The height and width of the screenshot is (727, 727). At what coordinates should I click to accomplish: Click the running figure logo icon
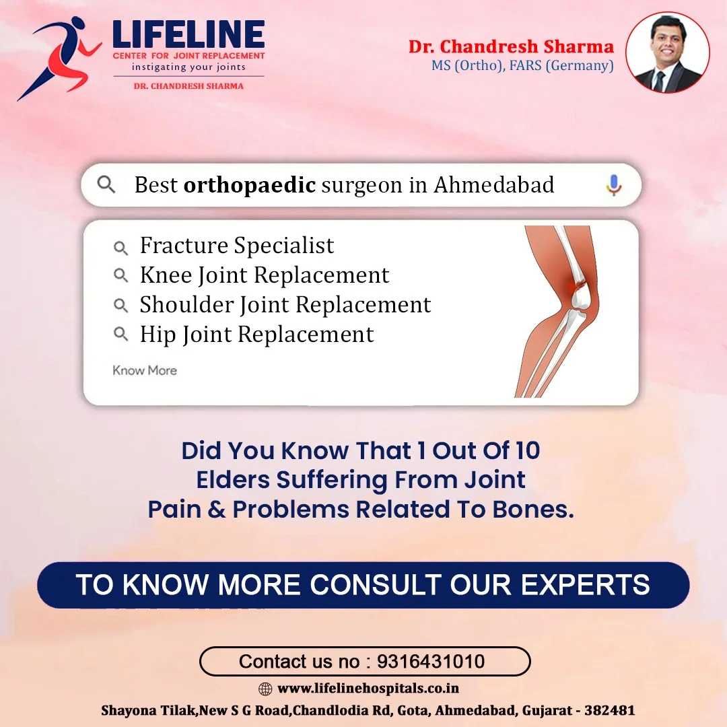tap(61, 58)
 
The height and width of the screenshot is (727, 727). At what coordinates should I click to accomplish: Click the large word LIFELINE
tap(188, 34)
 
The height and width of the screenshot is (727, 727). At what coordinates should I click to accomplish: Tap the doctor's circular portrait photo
tap(668, 53)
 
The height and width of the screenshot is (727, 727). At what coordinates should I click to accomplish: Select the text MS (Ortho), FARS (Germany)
tap(522, 66)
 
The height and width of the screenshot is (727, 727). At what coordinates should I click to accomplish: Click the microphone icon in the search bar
tap(614, 185)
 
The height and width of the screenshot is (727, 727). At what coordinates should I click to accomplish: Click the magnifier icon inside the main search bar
tap(106, 184)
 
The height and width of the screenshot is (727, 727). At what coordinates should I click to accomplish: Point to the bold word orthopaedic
tap(250, 185)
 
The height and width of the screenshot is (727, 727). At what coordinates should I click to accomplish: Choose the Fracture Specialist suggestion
tap(237, 245)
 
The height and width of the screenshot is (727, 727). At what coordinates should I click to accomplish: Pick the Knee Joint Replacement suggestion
tap(265, 275)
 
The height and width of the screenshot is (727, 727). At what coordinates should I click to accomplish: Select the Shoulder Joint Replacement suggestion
tap(285, 305)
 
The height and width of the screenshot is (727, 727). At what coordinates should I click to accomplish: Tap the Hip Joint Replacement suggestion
tap(257, 335)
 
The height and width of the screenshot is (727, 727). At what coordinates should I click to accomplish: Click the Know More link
tap(145, 370)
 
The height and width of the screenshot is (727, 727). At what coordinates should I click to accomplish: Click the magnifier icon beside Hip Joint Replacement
tap(120, 333)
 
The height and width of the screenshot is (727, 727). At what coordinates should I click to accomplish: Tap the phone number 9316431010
tap(431, 662)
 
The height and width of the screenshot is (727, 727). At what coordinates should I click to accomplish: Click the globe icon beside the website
tap(265, 689)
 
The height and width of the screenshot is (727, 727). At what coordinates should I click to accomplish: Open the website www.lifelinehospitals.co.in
tap(368, 689)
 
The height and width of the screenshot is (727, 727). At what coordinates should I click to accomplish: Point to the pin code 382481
tap(610, 710)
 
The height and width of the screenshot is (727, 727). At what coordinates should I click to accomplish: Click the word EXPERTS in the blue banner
tap(585, 585)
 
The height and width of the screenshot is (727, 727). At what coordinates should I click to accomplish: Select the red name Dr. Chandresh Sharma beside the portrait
tap(511, 46)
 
